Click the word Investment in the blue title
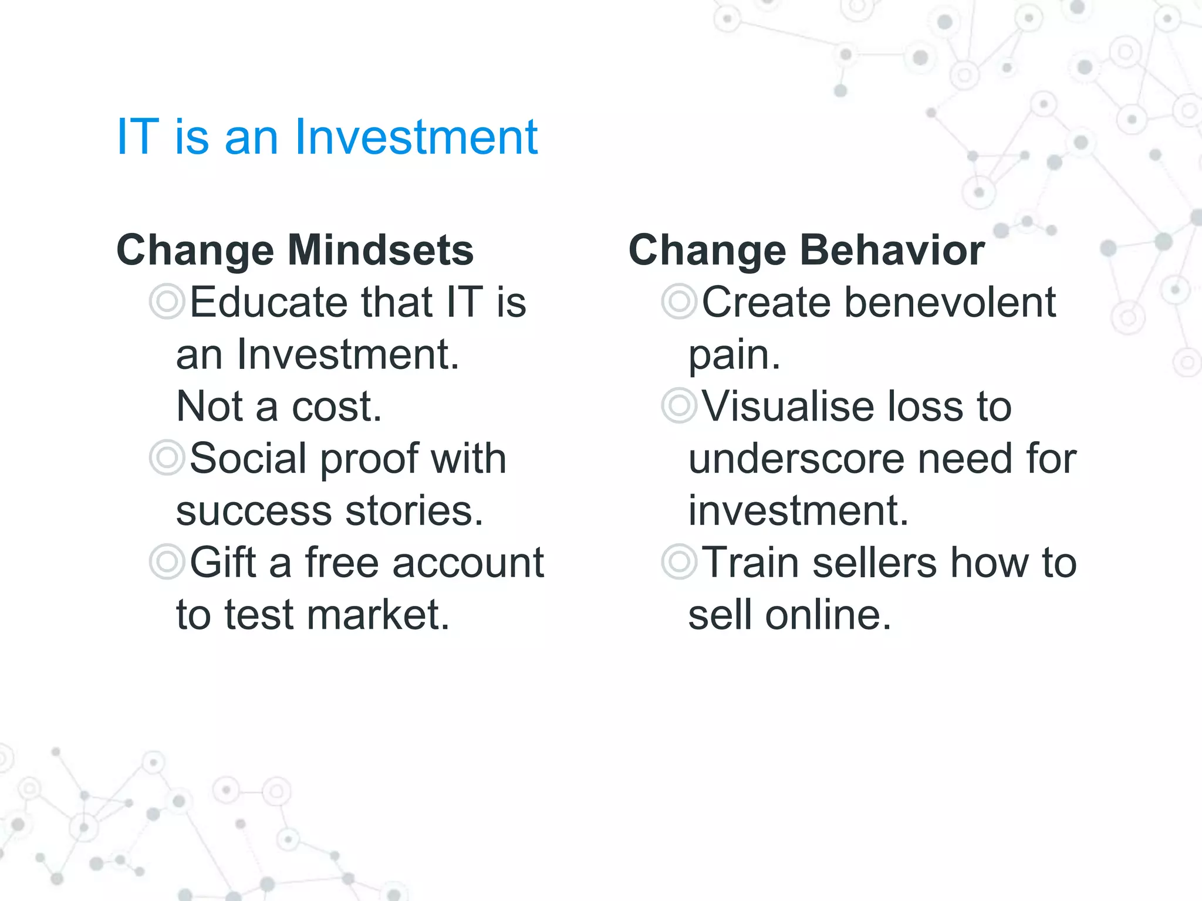pyautogui.click(x=416, y=137)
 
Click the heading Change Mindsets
pyautogui.click(x=295, y=250)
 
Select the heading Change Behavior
pyautogui.click(x=806, y=250)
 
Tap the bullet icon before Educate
pyautogui.click(x=167, y=302)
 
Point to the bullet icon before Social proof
pyautogui.click(x=167, y=458)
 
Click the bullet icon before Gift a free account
pyautogui.click(x=167, y=562)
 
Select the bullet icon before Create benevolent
pyautogui.click(x=679, y=302)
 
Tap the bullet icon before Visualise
pyautogui.click(x=679, y=406)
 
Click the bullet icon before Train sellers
pyautogui.click(x=679, y=562)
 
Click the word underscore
pyautogui.click(x=796, y=459)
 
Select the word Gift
pyautogui.click(x=222, y=562)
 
